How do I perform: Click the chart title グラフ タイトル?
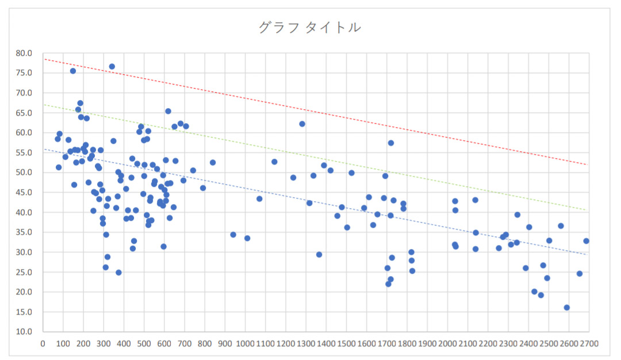pyautogui.click(x=310, y=27)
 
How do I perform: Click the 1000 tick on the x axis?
pyautogui.click(x=245, y=344)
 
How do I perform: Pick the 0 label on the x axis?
pyautogui.click(x=43, y=344)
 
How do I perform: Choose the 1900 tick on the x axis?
pyautogui.click(x=427, y=344)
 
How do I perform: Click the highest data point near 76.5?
pyautogui.click(x=112, y=67)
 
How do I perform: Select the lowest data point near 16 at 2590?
pyautogui.click(x=566, y=308)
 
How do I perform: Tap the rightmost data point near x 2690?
pyautogui.click(x=586, y=241)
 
